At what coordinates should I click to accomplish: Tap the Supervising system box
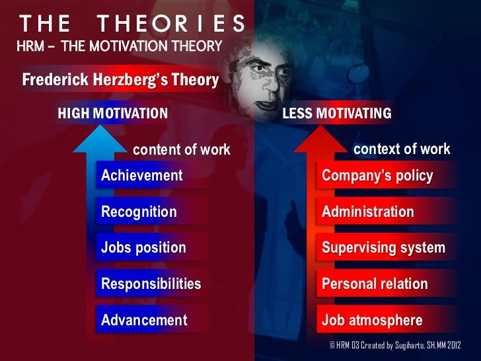tap(383, 248)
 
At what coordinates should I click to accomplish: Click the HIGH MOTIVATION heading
tap(113, 114)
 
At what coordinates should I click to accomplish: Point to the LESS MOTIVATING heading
tap(336, 114)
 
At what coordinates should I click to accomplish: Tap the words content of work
tap(182, 150)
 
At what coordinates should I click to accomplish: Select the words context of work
tap(402, 149)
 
